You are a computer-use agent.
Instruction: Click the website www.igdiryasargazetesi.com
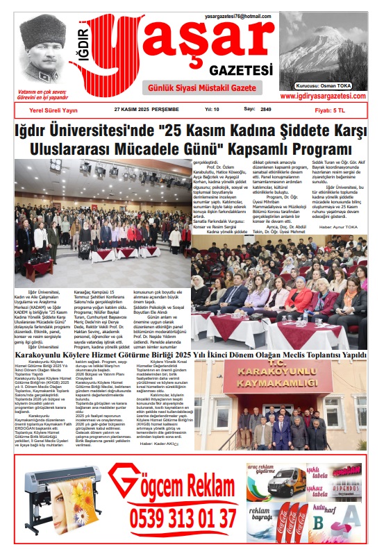tap(324, 96)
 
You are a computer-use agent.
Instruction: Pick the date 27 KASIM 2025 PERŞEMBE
tap(147, 110)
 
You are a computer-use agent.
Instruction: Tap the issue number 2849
tap(266, 110)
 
